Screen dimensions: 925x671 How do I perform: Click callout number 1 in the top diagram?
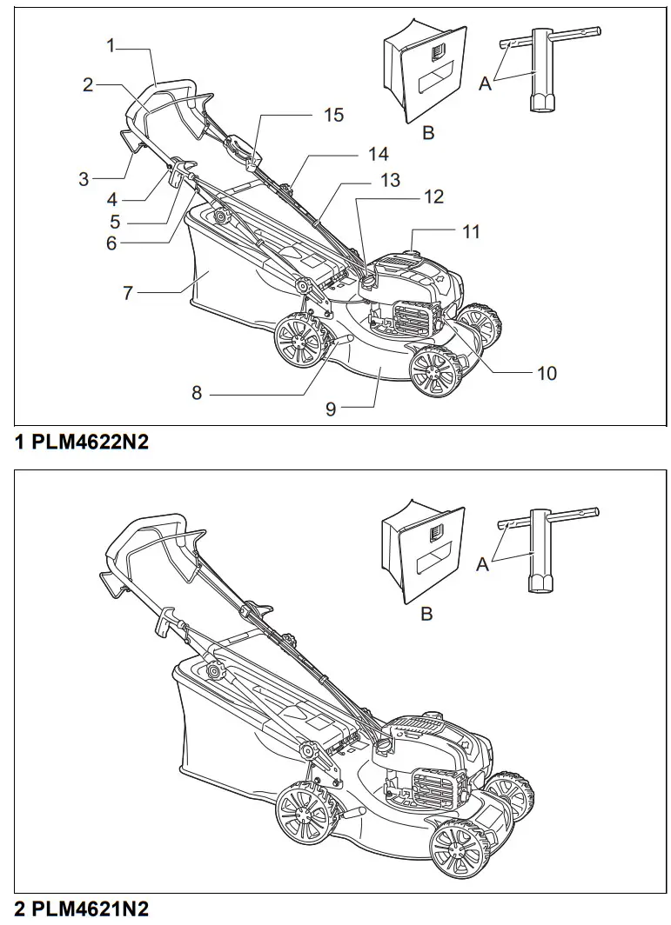click(x=111, y=45)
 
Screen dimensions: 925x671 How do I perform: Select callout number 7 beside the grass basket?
click(x=128, y=294)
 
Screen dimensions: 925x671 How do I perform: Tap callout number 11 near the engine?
click(x=471, y=232)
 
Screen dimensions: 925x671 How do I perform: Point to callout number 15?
click(x=333, y=115)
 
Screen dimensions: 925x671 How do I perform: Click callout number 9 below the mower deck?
click(x=331, y=409)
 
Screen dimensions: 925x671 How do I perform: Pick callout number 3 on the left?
click(x=84, y=179)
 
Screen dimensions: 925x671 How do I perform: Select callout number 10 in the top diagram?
click(x=547, y=373)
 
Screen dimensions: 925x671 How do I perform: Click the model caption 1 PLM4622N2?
click(x=82, y=443)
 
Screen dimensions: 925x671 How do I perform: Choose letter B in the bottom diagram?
click(x=427, y=614)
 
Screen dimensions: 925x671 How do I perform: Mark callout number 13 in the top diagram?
click(x=390, y=180)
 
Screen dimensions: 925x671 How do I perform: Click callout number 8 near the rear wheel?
click(x=197, y=394)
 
